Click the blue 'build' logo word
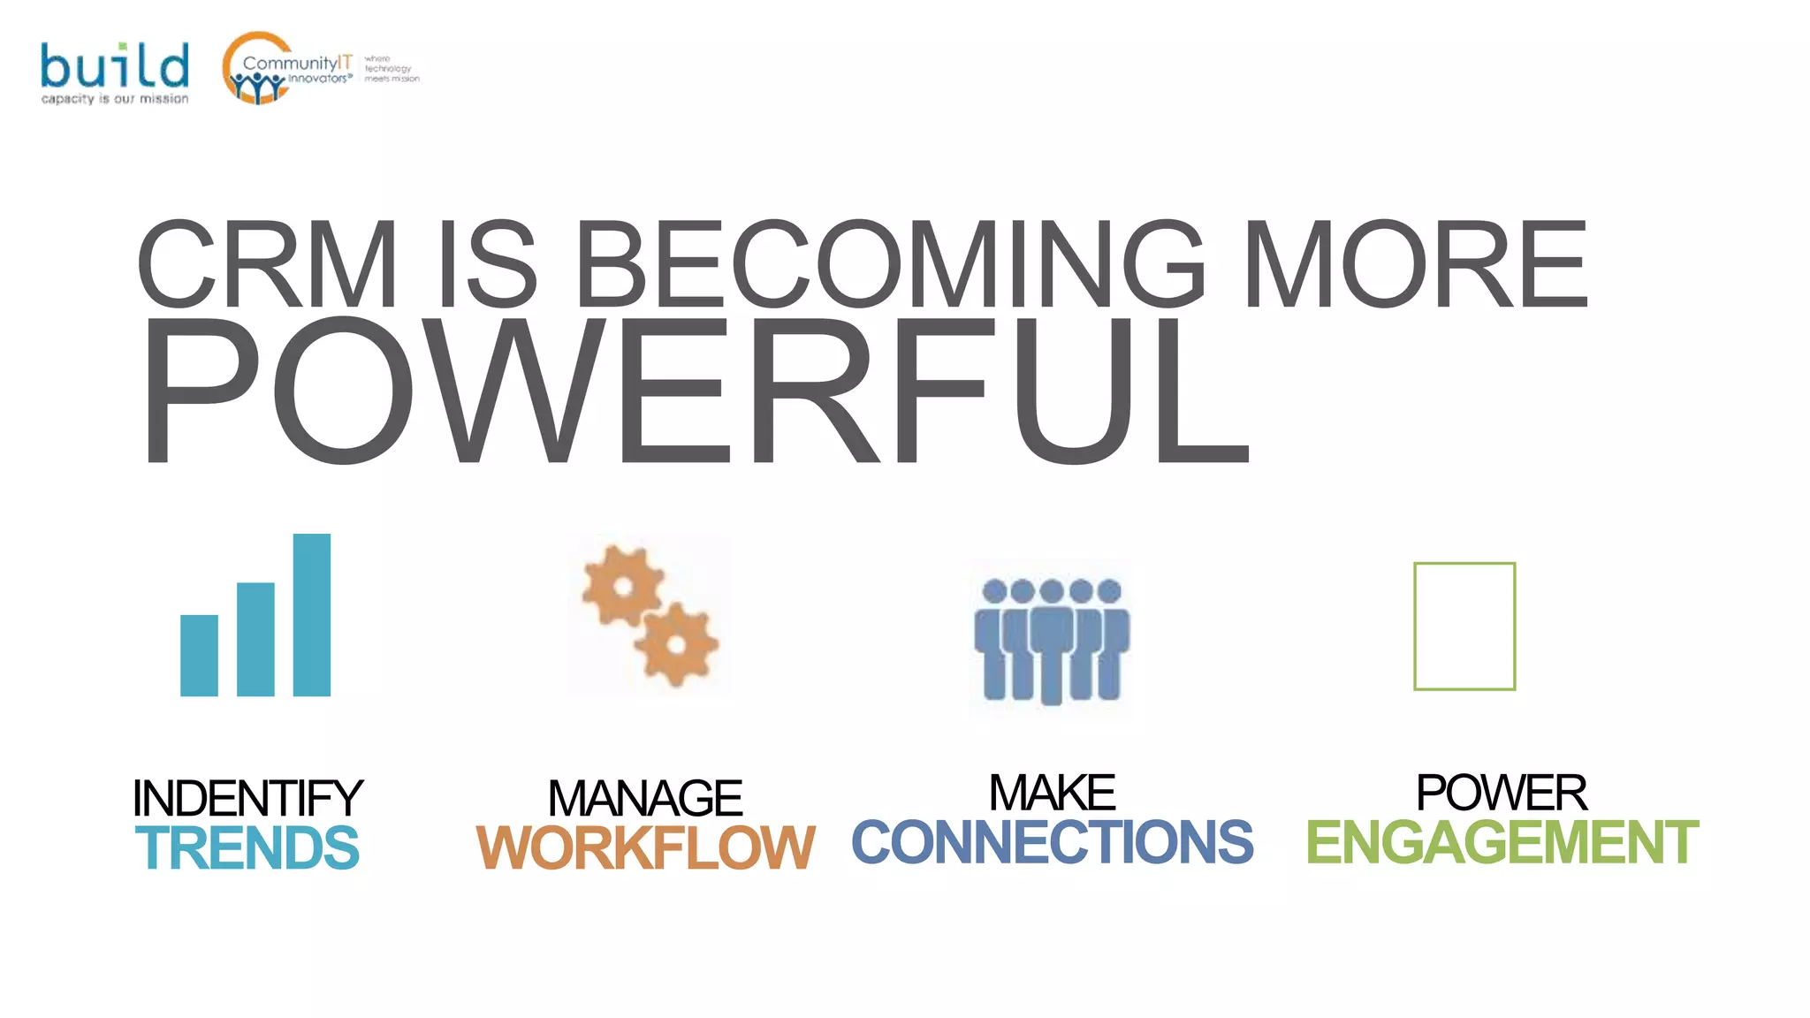click(114, 65)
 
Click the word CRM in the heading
click(266, 264)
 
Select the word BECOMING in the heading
click(889, 264)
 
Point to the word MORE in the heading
click(1415, 264)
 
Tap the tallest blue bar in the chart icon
click(312, 615)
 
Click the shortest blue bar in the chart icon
click(199, 655)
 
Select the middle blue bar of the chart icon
click(255, 639)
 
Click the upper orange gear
click(623, 586)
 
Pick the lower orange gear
click(677, 644)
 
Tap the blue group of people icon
click(1051, 639)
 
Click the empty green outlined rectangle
click(1464, 626)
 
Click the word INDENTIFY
click(247, 798)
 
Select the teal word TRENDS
click(247, 847)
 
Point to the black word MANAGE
click(645, 798)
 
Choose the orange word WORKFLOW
click(645, 847)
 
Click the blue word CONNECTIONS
click(1052, 841)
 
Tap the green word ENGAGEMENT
click(1502, 841)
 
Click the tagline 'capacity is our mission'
click(115, 99)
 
